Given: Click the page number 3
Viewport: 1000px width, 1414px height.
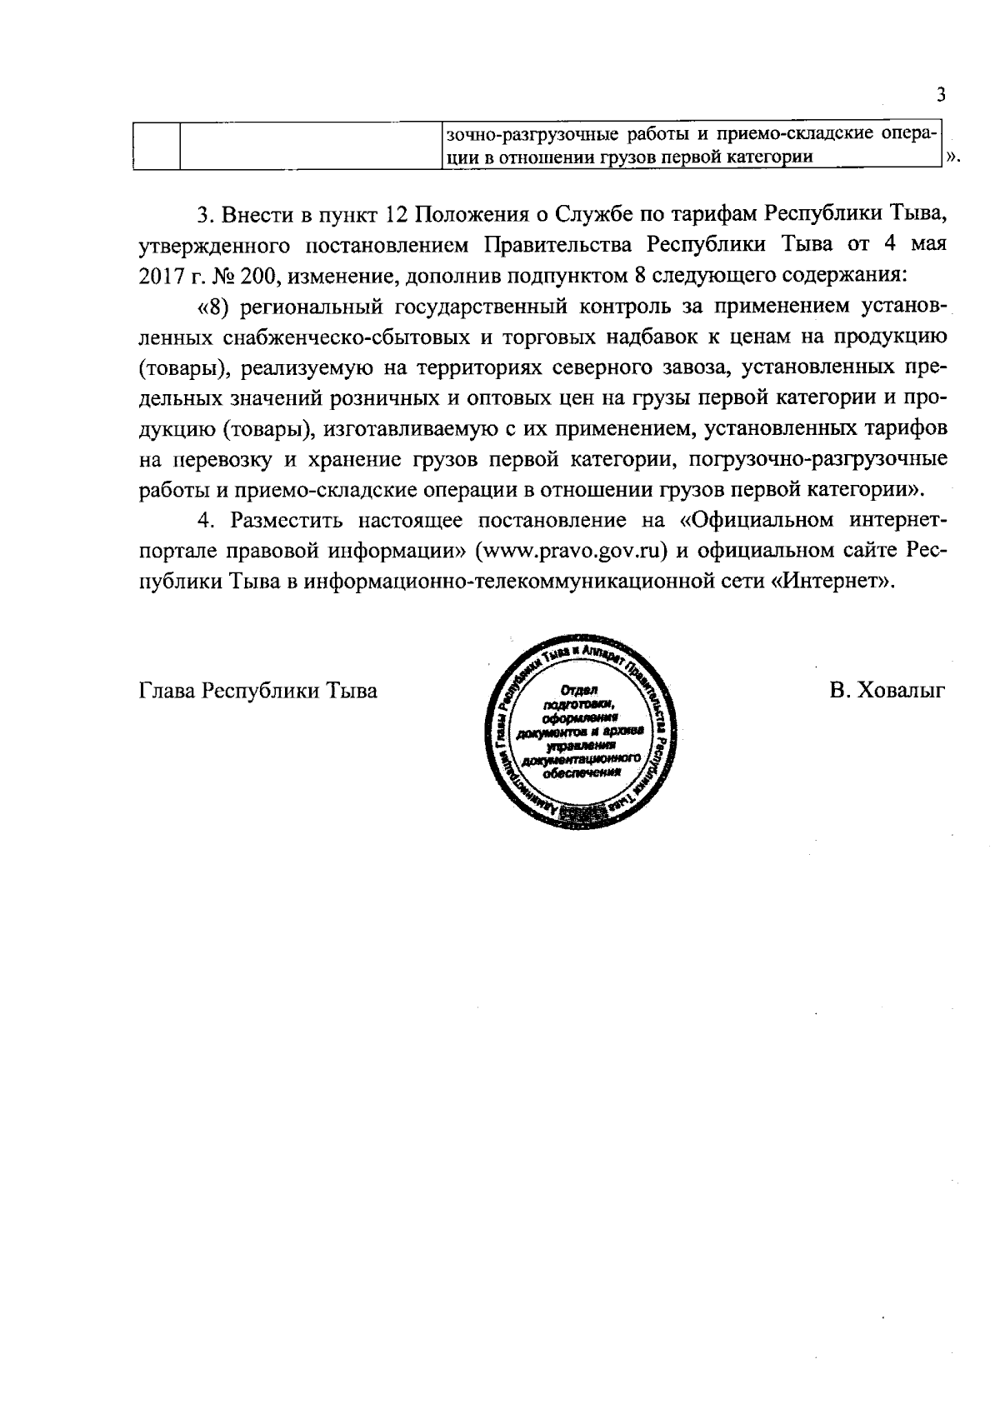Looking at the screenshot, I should click(941, 94).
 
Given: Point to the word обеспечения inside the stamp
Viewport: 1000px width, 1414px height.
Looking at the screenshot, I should click(582, 772).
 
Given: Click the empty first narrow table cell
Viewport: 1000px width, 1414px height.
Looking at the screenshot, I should click(157, 146).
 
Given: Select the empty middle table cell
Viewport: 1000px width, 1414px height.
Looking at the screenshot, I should click(310, 146).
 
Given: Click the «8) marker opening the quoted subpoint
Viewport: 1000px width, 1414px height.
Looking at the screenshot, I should click(213, 307).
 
